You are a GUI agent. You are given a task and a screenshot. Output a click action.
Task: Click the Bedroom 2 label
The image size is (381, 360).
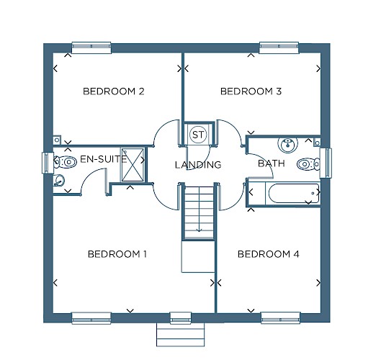tap(114, 91)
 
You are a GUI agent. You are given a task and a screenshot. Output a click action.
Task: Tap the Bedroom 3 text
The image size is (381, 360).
tap(251, 91)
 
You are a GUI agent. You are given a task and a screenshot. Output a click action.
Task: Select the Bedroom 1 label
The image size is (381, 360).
tap(117, 254)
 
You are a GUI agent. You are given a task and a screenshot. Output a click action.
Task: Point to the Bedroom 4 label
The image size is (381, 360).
tap(268, 254)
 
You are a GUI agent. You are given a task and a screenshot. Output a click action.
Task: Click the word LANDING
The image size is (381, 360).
tap(198, 165)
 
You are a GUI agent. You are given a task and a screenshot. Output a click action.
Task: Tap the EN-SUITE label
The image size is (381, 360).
tap(104, 159)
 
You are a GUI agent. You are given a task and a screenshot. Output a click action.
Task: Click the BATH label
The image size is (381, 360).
tap(272, 163)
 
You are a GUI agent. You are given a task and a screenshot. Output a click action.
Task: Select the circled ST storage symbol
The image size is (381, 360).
tap(198, 135)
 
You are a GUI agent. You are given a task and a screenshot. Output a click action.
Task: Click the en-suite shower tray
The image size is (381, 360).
tap(133, 164)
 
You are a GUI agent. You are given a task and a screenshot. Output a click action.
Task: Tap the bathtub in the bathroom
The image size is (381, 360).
tap(293, 193)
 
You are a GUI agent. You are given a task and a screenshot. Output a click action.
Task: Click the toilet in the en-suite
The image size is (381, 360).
tap(65, 162)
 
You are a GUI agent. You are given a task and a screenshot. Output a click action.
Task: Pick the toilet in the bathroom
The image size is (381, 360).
tap(308, 164)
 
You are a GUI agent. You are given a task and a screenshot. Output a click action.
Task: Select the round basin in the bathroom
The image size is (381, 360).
tap(287, 145)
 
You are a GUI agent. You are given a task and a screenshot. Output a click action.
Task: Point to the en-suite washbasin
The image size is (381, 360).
tap(59, 181)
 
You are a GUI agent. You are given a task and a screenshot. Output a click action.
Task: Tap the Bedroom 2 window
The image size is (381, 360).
tap(91, 48)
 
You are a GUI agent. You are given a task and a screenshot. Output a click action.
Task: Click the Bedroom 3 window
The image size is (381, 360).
tap(279, 48)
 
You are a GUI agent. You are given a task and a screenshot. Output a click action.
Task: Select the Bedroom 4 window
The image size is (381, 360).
tap(281, 318)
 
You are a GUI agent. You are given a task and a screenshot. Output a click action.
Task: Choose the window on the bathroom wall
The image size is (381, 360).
tap(326, 163)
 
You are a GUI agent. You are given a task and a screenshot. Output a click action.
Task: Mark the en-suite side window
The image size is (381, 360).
tap(48, 163)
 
